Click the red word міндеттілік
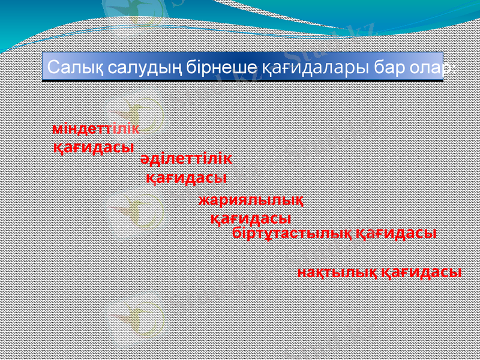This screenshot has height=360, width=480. click(x=96, y=129)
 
